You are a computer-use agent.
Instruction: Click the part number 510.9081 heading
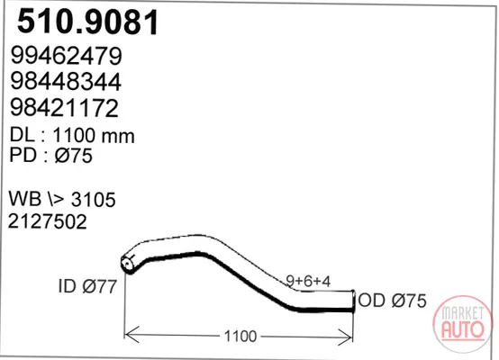87,22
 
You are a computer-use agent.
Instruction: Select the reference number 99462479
66,56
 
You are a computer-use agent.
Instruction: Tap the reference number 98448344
66,82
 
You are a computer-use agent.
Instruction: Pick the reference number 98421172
65,108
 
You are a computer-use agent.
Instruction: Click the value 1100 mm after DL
94,136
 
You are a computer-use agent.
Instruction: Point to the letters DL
22,135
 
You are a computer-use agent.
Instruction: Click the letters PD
23,155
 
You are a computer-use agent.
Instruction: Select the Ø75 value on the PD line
74,156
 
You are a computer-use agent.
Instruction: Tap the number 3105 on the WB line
94,200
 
